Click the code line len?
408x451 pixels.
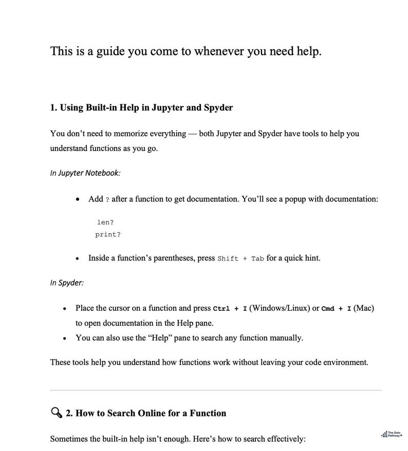105,222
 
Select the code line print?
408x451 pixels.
108,235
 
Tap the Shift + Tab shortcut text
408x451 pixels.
240,258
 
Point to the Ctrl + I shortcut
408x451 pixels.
230,309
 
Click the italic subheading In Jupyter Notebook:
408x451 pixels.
85,173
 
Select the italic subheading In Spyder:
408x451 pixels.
67,283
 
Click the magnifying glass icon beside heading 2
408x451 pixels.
56,413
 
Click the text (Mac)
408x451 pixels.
364,308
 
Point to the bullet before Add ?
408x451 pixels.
77,200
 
